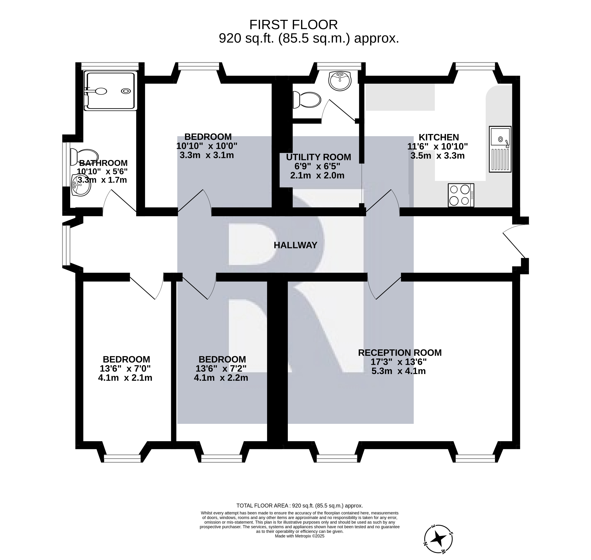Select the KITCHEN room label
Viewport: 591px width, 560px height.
[x=439, y=137]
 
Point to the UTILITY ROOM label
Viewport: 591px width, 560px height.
[x=319, y=157]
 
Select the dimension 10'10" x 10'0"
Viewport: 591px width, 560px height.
[x=207, y=146]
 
